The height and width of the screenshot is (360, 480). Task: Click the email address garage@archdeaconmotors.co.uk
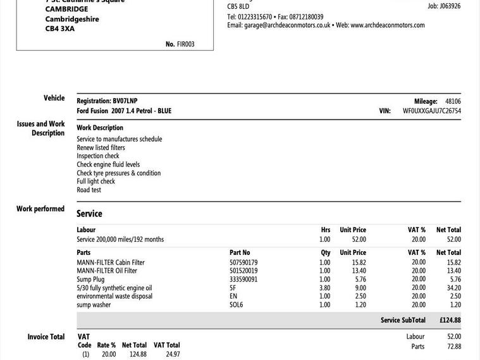pyautogui.click(x=287, y=25)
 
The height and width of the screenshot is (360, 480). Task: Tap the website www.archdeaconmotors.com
pyautogui.click(x=387, y=25)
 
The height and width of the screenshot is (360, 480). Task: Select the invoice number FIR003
pyautogui.click(x=186, y=44)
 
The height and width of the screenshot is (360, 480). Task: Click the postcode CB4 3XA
pyautogui.click(x=60, y=28)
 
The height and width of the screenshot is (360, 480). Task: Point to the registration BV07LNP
pyautogui.click(x=125, y=101)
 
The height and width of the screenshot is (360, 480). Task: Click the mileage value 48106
pyautogui.click(x=453, y=101)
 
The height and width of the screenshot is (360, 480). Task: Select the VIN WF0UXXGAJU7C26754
pyautogui.click(x=431, y=111)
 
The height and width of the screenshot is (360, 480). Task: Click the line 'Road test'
pyautogui.click(x=89, y=190)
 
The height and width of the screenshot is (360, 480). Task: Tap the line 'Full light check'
pyautogui.click(x=95, y=182)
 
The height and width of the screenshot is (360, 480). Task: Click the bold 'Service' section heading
pyautogui.click(x=89, y=214)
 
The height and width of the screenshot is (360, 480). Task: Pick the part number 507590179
pyautogui.click(x=243, y=263)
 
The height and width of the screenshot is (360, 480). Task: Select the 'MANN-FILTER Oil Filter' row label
pyautogui.click(x=107, y=271)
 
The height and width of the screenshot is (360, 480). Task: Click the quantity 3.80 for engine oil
pyautogui.click(x=324, y=288)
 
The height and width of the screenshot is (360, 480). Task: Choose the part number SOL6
pyautogui.click(x=236, y=305)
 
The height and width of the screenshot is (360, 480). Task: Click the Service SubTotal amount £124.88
pyautogui.click(x=450, y=320)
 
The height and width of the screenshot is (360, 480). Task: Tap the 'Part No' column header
pyautogui.click(x=240, y=252)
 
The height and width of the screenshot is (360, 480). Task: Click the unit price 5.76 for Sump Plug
pyautogui.click(x=360, y=279)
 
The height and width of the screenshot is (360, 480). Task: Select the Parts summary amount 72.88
pyautogui.click(x=453, y=347)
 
